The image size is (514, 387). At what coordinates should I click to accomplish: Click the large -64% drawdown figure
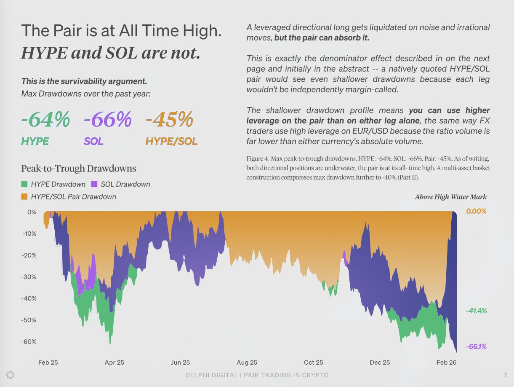[45, 120]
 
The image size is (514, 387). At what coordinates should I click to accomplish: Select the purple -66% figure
[107, 120]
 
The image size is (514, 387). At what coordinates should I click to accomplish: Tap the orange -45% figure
[169, 120]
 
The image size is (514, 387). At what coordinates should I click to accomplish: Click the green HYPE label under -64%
[35, 141]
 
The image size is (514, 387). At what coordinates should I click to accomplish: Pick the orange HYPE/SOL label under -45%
[171, 141]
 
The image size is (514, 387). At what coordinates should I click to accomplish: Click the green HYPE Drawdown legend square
[24, 184]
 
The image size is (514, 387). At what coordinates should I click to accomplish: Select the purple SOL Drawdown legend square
[95, 184]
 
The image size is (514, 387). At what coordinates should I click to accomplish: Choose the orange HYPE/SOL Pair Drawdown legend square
[24, 196]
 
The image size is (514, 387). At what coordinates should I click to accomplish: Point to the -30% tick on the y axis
[29, 277]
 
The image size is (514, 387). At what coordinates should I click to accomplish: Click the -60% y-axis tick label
[29, 342]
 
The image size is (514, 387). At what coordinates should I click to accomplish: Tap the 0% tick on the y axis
[32, 212]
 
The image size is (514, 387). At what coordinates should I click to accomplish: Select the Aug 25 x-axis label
[247, 363]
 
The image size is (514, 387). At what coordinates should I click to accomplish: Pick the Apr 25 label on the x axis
[115, 363]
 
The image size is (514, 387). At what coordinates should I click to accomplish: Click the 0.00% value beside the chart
[477, 211]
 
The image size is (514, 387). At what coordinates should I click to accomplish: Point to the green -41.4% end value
[477, 311]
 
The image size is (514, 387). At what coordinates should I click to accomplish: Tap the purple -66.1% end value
[477, 347]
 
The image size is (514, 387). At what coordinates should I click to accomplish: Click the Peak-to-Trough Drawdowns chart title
[79, 169]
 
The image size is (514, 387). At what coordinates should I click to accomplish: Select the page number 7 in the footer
[505, 375]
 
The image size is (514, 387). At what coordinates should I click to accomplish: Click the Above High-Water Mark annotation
[451, 197]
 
